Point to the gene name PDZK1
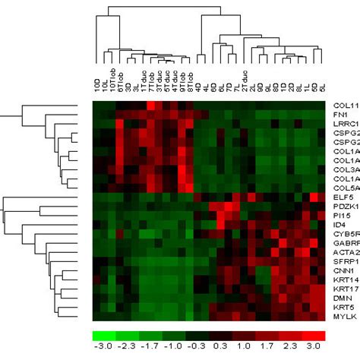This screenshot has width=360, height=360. pyautogui.click(x=344, y=207)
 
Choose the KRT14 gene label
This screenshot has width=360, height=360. pyautogui.click(x=344, y=280)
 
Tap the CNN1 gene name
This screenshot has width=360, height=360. pyautogui.click(x=342, y=270)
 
